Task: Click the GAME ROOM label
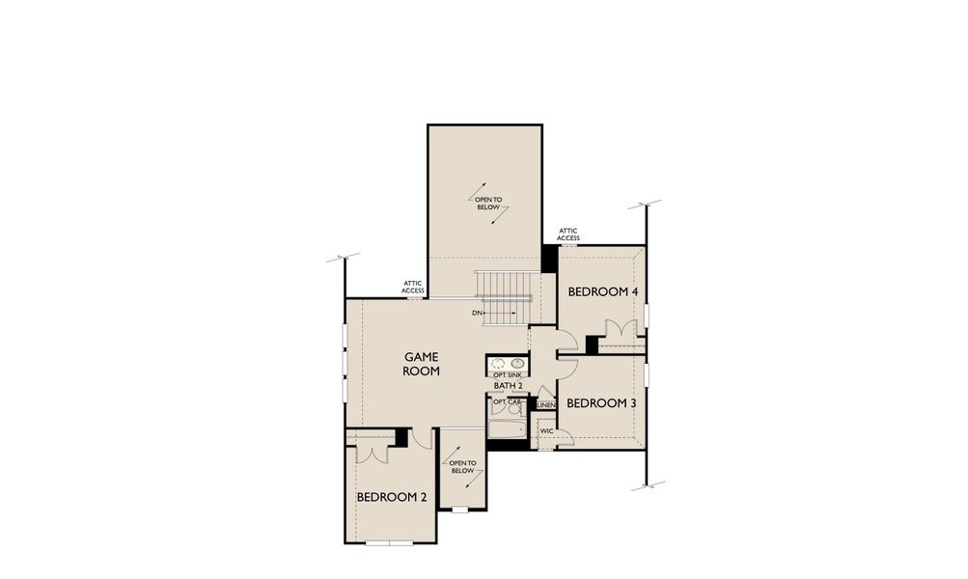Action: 422,364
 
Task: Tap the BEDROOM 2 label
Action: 392,497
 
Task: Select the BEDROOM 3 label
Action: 600,403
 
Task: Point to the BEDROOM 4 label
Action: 602,291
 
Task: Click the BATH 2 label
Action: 508,386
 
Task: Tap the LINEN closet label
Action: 546,405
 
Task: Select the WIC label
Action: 546,431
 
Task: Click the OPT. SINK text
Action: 508,374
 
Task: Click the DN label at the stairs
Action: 478,314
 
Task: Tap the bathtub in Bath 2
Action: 506,430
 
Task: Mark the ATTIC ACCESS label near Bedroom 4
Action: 568,234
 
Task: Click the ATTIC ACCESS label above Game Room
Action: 413,287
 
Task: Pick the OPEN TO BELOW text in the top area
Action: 488,204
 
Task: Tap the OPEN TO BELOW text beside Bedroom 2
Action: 462,467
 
